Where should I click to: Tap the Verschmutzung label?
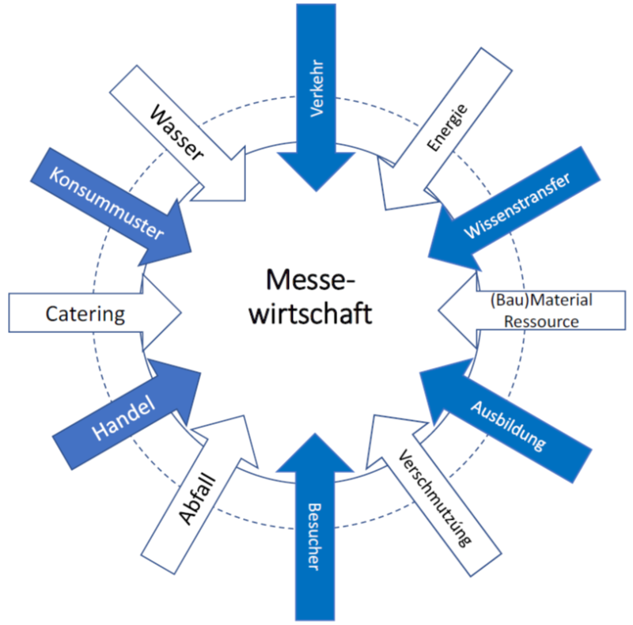click(x=434, y=497)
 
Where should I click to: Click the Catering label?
click(x=85, y=313)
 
